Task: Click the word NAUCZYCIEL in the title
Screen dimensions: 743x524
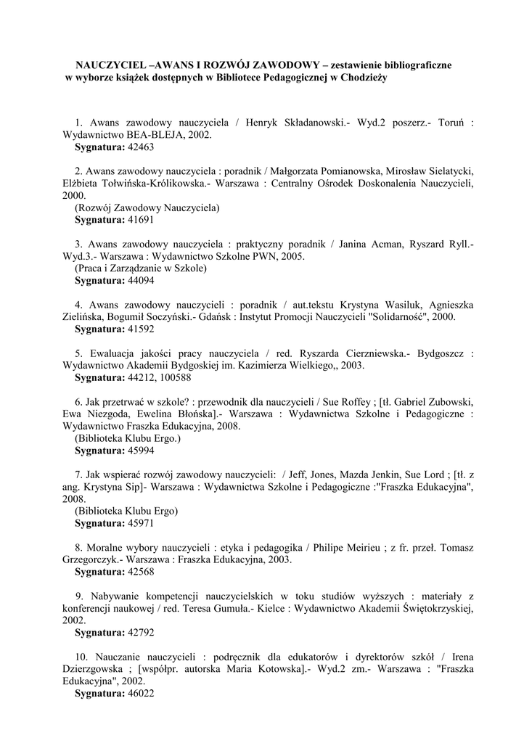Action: tap(108, 65)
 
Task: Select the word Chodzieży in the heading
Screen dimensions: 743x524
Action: tap(365, 78)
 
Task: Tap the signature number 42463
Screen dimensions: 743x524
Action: tap(141, 147)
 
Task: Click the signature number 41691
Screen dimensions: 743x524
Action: tap(141, 219)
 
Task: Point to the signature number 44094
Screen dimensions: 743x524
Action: tap(141, 280)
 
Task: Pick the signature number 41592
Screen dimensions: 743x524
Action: tap(141, 329)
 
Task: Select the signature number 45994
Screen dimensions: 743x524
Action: tap(141, 451)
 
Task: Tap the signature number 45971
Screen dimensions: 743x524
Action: tap(141, 523)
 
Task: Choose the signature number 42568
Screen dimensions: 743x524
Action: tap(141, 572)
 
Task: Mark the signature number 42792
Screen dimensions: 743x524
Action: tap(141, 633)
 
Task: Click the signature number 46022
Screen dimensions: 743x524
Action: tap(141, 694)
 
